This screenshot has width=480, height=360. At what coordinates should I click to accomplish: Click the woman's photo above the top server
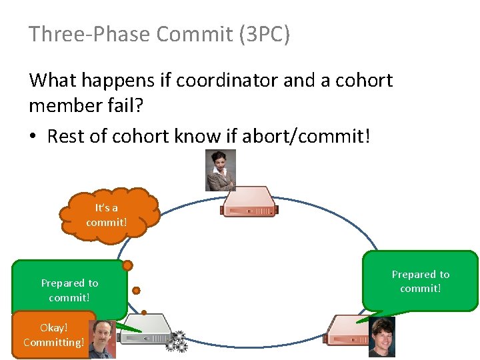pos(221,170)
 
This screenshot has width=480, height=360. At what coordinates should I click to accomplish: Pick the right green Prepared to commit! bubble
pos(420,281)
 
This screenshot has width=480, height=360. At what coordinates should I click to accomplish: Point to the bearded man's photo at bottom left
pos(103,339)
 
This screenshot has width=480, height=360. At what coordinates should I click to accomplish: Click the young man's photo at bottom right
pos(382,337)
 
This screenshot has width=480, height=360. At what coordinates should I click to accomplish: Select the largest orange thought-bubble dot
pos(127,265)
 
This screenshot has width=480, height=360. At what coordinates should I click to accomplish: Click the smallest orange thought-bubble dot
pos(144,312)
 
